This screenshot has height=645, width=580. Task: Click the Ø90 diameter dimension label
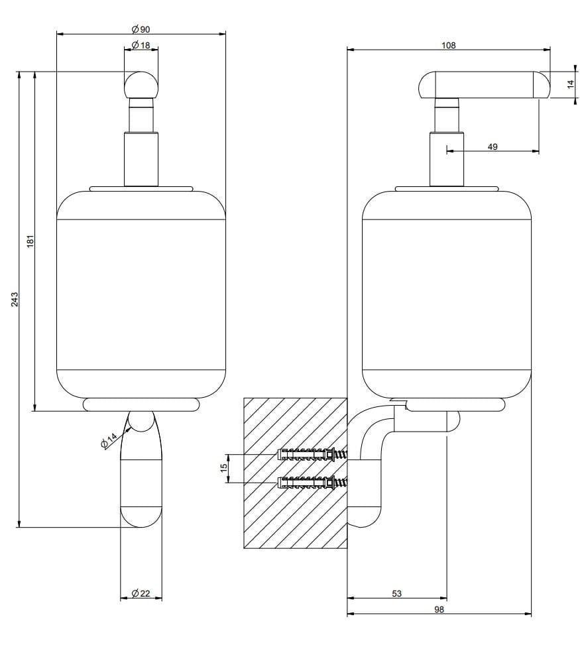141,29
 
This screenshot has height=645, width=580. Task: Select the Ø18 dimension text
141,44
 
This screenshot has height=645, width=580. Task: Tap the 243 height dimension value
15,299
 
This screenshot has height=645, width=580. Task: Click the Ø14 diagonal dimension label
109,440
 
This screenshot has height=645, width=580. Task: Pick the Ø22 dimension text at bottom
141,593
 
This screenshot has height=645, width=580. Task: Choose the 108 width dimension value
448,45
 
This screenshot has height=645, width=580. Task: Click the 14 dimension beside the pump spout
569,84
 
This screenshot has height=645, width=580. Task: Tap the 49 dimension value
493,147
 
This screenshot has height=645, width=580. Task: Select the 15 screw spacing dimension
224,467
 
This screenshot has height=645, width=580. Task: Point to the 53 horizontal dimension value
397,593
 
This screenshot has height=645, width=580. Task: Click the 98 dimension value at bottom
439,609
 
